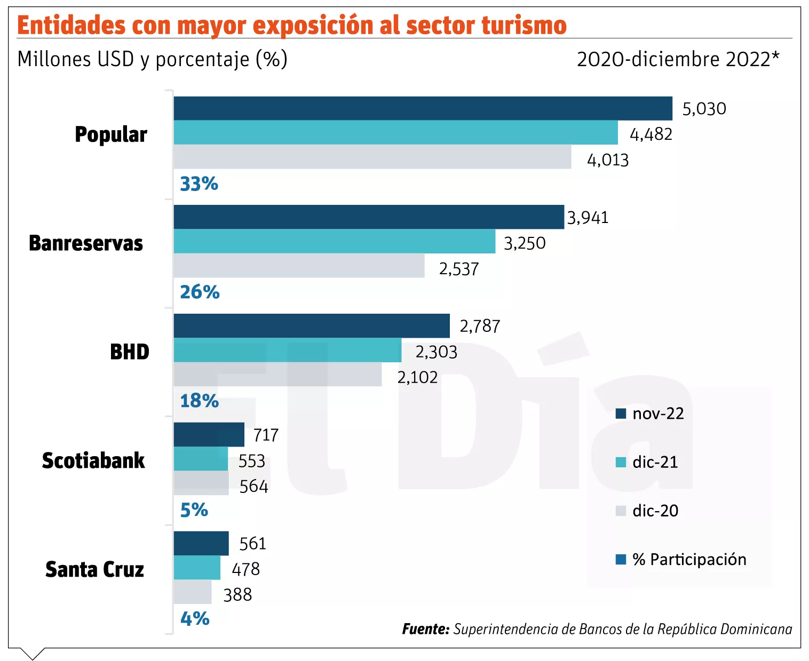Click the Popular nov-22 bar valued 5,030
pyautogui.click(x=423, y=108)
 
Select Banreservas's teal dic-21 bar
pyautogui.click(x=335, y=241)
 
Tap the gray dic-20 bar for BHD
pyautogui.click(x=277, y=374)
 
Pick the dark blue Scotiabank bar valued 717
pyautogui.click(x=209, y=434)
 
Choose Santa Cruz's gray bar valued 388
pyautogui.click(x=193, y=592)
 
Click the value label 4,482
pyautogui.click(x=651, y=134)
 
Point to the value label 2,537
pyautogui.click(x=459, y=269)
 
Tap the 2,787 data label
pyautogui.click(x=480, y=326)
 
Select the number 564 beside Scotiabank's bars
pyautogui.click(x=253, y=486)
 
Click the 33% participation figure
pyautogui.click(x=199, y=184)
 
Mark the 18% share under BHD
pyautogui.click(x=200, y=401)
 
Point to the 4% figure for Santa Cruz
pyautogui.click(x=195, y=619)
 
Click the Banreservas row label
pyautogui.click(x=86, y=243)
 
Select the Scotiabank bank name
pyautogui.click(x=93, y=460)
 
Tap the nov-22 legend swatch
pyautogui.click(x=621, y=413)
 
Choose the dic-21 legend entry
pyautogui.click(x=647, y=462)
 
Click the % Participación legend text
pyautogui.click(x=689, y=560)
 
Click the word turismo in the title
pyautogui.click(x=524, y=25)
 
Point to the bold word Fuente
pyautogui.click(x=426, y=629)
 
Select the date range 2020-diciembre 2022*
pyautogui.click(x=678, y=59)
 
